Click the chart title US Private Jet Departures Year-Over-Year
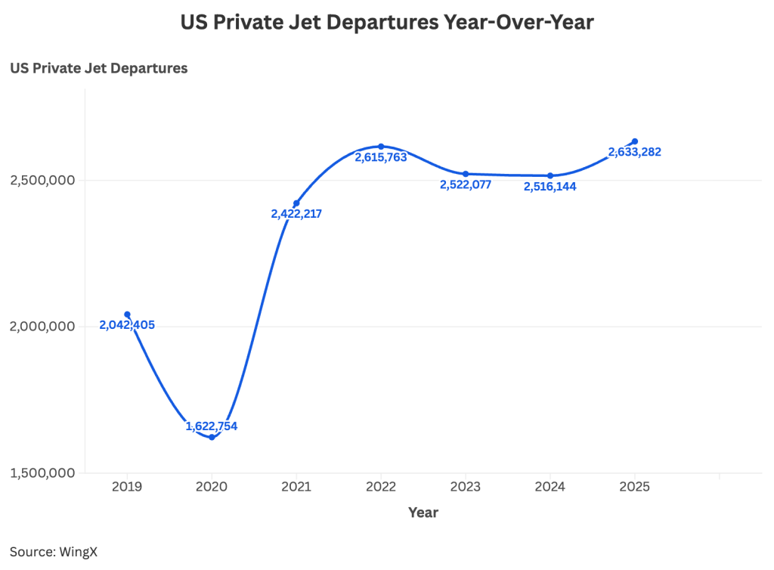coord(387,23)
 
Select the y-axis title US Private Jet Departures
coord(98,68)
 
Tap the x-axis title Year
coord(423,512)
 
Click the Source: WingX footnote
coord(54,551)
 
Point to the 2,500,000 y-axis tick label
coord(42,180)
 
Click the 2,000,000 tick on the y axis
coord(42,327)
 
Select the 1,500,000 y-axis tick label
coord(42,473)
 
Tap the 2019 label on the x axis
coord(127,487)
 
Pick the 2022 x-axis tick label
coord(381,487)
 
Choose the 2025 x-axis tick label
coord(634,487)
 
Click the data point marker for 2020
coord(212,437)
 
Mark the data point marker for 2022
coord(381,146)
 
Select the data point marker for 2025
coord(635,141)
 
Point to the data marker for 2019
coord(127,314)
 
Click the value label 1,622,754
coord(212,426)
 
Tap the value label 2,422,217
coord(296,214)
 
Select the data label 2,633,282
coord(635,152)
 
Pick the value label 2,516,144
coord(550,186)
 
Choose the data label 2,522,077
coord(466,184)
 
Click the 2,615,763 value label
coord(381,157)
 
